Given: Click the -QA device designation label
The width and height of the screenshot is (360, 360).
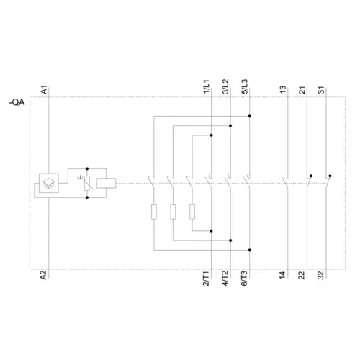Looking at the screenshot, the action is coord(17,102).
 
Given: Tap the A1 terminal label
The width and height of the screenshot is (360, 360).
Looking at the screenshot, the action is coord(44,89).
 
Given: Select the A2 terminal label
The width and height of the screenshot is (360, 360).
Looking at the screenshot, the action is coord(43,275).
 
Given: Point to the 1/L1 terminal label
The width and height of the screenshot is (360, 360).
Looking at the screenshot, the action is coord(207,86).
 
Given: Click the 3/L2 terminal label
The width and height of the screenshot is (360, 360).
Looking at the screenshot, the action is coord(225,86).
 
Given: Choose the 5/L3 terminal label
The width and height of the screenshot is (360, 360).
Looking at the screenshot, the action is coord(244,86).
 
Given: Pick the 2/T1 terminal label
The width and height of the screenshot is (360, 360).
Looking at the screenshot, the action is coord(206,279).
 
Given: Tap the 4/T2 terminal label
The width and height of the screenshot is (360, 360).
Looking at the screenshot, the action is coord(225,279).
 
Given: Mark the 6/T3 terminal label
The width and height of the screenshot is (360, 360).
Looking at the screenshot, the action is coord(244,279).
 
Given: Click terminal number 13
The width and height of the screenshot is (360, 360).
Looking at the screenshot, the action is coord(283,89).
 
